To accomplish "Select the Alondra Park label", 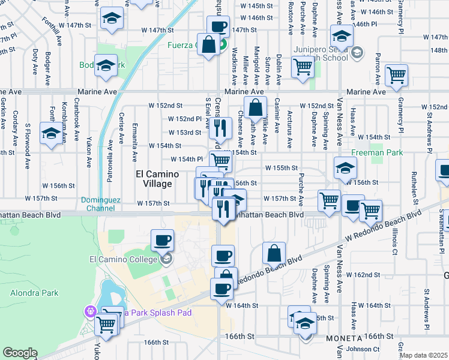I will click(28, 293).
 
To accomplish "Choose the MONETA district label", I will click(344, 338).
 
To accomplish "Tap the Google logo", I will click(19, 353).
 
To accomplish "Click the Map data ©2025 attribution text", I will click(423, 355).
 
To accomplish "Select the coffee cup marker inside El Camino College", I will click(162, 241).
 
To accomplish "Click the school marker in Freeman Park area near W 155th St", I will click(345, 168).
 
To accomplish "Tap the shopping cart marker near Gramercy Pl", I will click(397, 76).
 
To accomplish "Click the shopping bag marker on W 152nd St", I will click(255, 107).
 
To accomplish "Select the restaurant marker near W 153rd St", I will click(221, 127).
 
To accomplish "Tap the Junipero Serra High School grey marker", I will click(357, 53).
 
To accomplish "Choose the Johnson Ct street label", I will click(364, 349).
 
